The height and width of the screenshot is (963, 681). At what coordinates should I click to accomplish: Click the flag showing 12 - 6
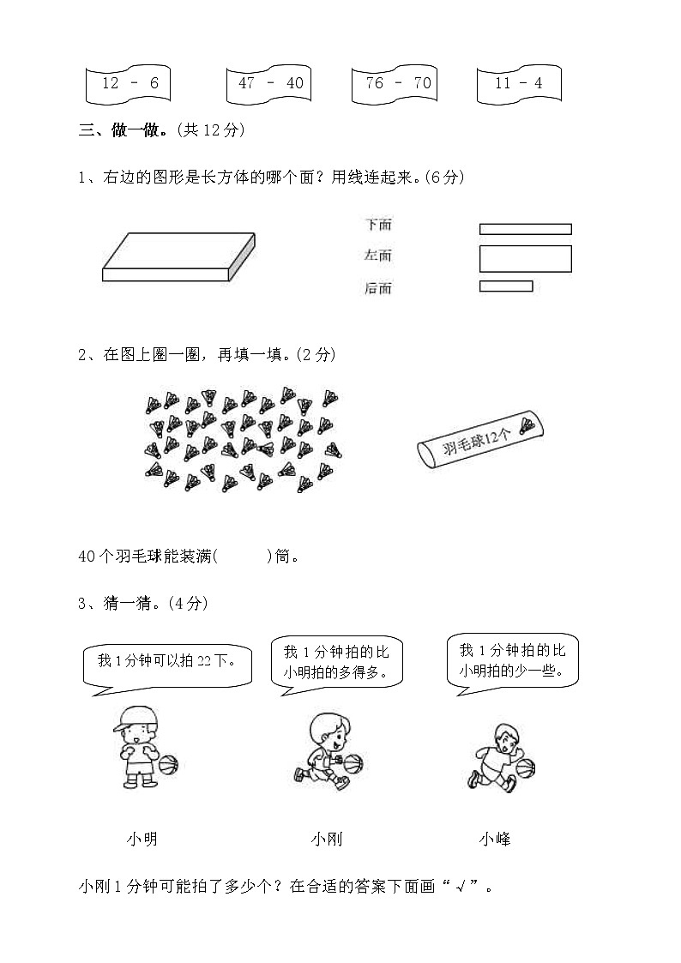coord(129,84)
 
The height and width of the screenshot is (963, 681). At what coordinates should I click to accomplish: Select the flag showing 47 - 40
coord(269,84)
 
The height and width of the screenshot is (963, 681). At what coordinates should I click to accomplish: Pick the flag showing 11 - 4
coord(520,84)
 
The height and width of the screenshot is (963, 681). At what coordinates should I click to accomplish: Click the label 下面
coord(378,225)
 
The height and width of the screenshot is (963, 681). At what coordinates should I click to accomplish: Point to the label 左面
coord(378,256)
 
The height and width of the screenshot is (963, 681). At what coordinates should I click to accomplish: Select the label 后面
coord(378,289)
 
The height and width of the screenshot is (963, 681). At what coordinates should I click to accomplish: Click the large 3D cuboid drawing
coord(178,257)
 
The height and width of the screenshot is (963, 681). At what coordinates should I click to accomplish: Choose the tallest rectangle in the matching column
coord(525,259)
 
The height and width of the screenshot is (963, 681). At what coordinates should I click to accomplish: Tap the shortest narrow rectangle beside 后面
coord(506,286)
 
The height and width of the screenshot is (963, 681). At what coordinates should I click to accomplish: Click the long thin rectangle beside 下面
coord(525,229)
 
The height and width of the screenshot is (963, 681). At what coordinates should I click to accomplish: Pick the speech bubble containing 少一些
coord(512,660)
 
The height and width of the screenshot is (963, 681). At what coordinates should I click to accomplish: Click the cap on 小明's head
coord(133,719)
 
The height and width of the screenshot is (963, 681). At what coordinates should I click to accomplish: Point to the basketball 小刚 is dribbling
coord(353,762)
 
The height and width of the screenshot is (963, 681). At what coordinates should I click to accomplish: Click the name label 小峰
coord(495,840)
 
